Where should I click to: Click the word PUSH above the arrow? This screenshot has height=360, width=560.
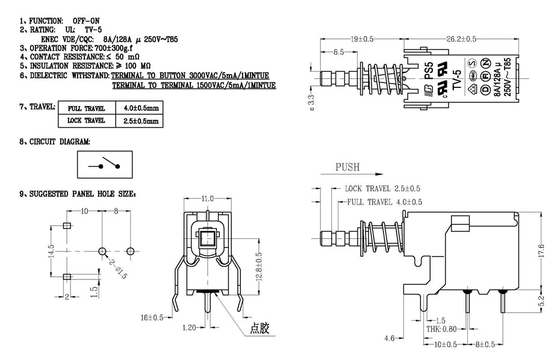point(347,167)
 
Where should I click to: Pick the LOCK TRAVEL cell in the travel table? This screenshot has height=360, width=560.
point(86,120)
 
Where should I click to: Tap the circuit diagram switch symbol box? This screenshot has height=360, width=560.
point(104,164)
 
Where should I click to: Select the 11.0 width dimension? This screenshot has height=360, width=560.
point(207,198)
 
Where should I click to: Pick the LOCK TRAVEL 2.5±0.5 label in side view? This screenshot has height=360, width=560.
point(383,188)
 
